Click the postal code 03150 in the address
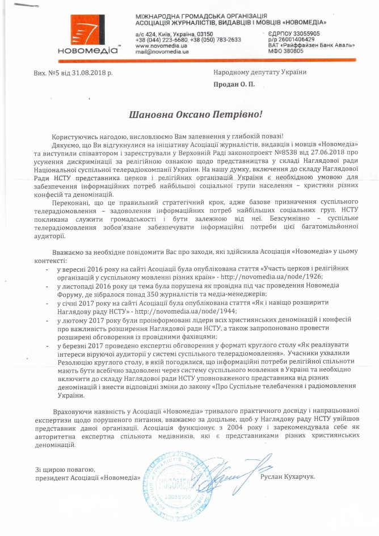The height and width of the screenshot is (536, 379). point(200,34)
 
